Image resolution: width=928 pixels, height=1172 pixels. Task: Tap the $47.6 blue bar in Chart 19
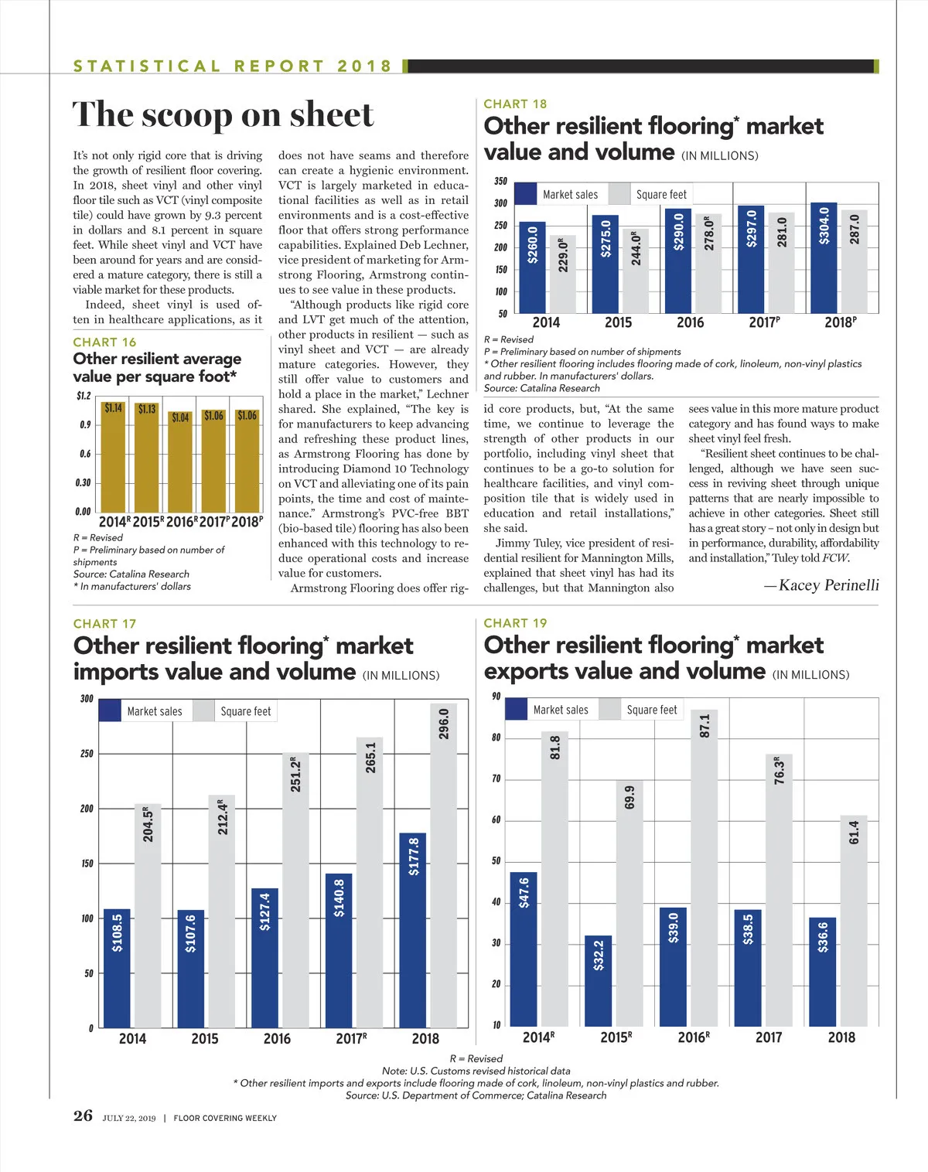pos(524,949)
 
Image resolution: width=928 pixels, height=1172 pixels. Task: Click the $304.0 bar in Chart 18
pos(824,257)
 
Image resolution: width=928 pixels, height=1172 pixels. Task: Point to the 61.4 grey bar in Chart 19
pos(854,920)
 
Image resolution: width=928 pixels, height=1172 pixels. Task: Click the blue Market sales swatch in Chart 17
pos(110,711)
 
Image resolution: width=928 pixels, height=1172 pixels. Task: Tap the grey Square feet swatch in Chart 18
pos(619,194)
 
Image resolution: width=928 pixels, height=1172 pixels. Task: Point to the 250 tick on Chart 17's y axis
pos(87,754)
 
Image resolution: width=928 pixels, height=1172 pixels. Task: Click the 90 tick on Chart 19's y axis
pos(496,697)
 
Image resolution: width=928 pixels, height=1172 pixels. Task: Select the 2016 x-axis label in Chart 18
pos(690,322)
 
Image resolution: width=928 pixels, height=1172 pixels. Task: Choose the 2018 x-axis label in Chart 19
pos(841,1037)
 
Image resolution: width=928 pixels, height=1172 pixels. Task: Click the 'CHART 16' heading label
pos(104,342)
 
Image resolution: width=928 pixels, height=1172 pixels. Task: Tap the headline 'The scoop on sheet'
pos(223,114)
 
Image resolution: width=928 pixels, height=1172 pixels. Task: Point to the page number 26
pos(83,1116)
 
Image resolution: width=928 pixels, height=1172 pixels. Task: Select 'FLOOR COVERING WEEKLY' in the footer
pos(225,1118)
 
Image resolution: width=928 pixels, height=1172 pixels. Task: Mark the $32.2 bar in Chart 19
pos(598,980)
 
